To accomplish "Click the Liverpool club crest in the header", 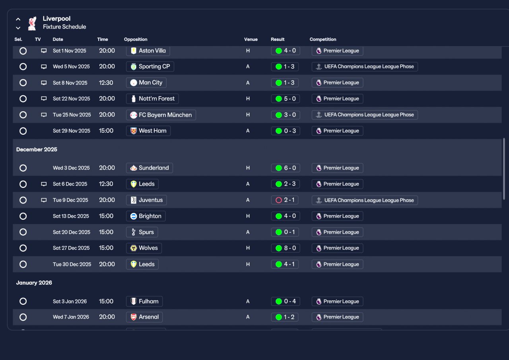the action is pos(32,23).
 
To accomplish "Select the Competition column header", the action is pos(322,39).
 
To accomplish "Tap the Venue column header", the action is pos(251,39).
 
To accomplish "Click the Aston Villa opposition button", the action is pos(148,50).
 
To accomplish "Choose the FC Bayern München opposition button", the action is pos(161,115).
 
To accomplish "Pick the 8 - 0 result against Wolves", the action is pos(286,248).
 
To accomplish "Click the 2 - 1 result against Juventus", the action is pos(285,200).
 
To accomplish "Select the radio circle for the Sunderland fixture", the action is pos(23,168).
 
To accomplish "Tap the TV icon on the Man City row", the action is pos(44,83).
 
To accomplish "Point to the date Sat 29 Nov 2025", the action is pos(71,131).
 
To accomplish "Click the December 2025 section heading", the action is pos(37,149).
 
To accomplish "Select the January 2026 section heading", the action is pos(34,283).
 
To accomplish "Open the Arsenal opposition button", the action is pos(144,317).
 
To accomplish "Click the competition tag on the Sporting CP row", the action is pos(365,66).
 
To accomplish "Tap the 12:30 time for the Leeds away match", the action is pos(106,184).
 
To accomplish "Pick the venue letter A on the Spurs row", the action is pos(248,232).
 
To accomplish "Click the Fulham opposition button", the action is pos(144,302).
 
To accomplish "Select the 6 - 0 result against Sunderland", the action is pos(286,168).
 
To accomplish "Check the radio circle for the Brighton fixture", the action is pos(23,216).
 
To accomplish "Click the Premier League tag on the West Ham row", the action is pos(338,131).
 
